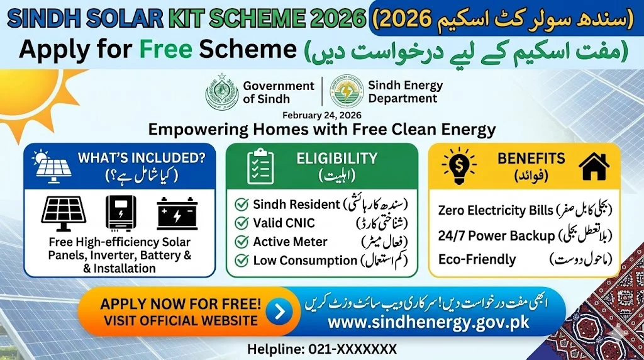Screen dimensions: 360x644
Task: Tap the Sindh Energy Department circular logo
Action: point(347,92)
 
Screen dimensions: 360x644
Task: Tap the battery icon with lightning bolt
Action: point(177,214)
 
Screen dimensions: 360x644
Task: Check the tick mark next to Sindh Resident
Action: point(240,204)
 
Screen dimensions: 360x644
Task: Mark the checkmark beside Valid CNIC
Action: point(240,223)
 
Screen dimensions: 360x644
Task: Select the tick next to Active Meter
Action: point(240,242)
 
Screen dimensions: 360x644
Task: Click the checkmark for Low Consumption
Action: point(240,260)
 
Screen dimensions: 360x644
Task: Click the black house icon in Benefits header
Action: point(594,166)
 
